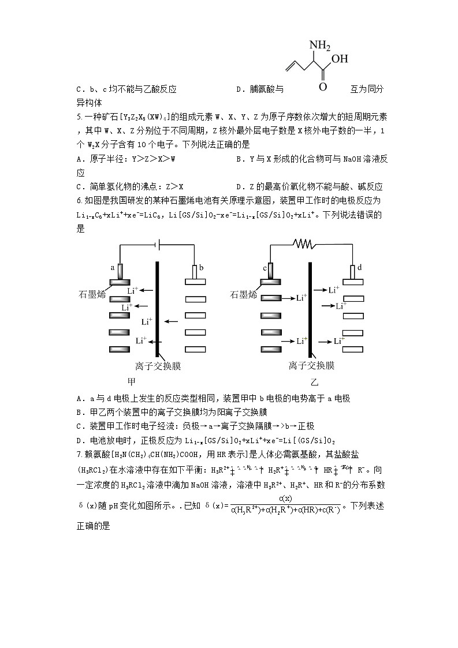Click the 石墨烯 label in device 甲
(x=92, y=294)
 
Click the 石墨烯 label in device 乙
(x=244, y=294)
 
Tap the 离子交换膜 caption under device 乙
(x=311, y=366)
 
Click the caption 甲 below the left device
(x=132, y=382)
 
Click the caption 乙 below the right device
(x=314, y=382)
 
